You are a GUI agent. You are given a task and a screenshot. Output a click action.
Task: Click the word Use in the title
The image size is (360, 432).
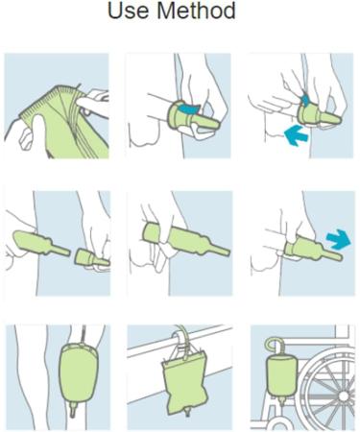(129, 11)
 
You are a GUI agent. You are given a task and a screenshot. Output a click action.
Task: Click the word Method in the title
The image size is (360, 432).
(196, 11)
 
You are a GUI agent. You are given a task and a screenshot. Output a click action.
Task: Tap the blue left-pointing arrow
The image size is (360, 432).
(296, 135)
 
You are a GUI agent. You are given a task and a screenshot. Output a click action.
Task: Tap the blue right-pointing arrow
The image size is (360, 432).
(339, 239)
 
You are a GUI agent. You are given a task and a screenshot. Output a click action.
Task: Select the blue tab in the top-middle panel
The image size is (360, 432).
(189, 108)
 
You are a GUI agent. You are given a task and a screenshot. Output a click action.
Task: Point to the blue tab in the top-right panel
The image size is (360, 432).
(305, 100)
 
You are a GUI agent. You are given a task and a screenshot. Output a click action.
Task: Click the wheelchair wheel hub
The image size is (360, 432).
(344, 396)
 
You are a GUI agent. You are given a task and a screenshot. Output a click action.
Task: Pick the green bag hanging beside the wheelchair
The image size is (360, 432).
(282, 376)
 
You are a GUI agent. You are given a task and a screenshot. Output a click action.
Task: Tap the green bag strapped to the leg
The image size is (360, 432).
(79, 372)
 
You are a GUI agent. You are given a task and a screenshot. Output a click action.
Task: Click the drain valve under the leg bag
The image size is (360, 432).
(73, 410)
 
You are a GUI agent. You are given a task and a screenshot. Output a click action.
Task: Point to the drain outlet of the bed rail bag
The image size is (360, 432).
(187, 415)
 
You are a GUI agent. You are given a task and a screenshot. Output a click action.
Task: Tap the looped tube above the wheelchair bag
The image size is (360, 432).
(275, 346)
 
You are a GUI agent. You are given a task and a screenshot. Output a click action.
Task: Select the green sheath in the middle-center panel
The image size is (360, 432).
(185, 239)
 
